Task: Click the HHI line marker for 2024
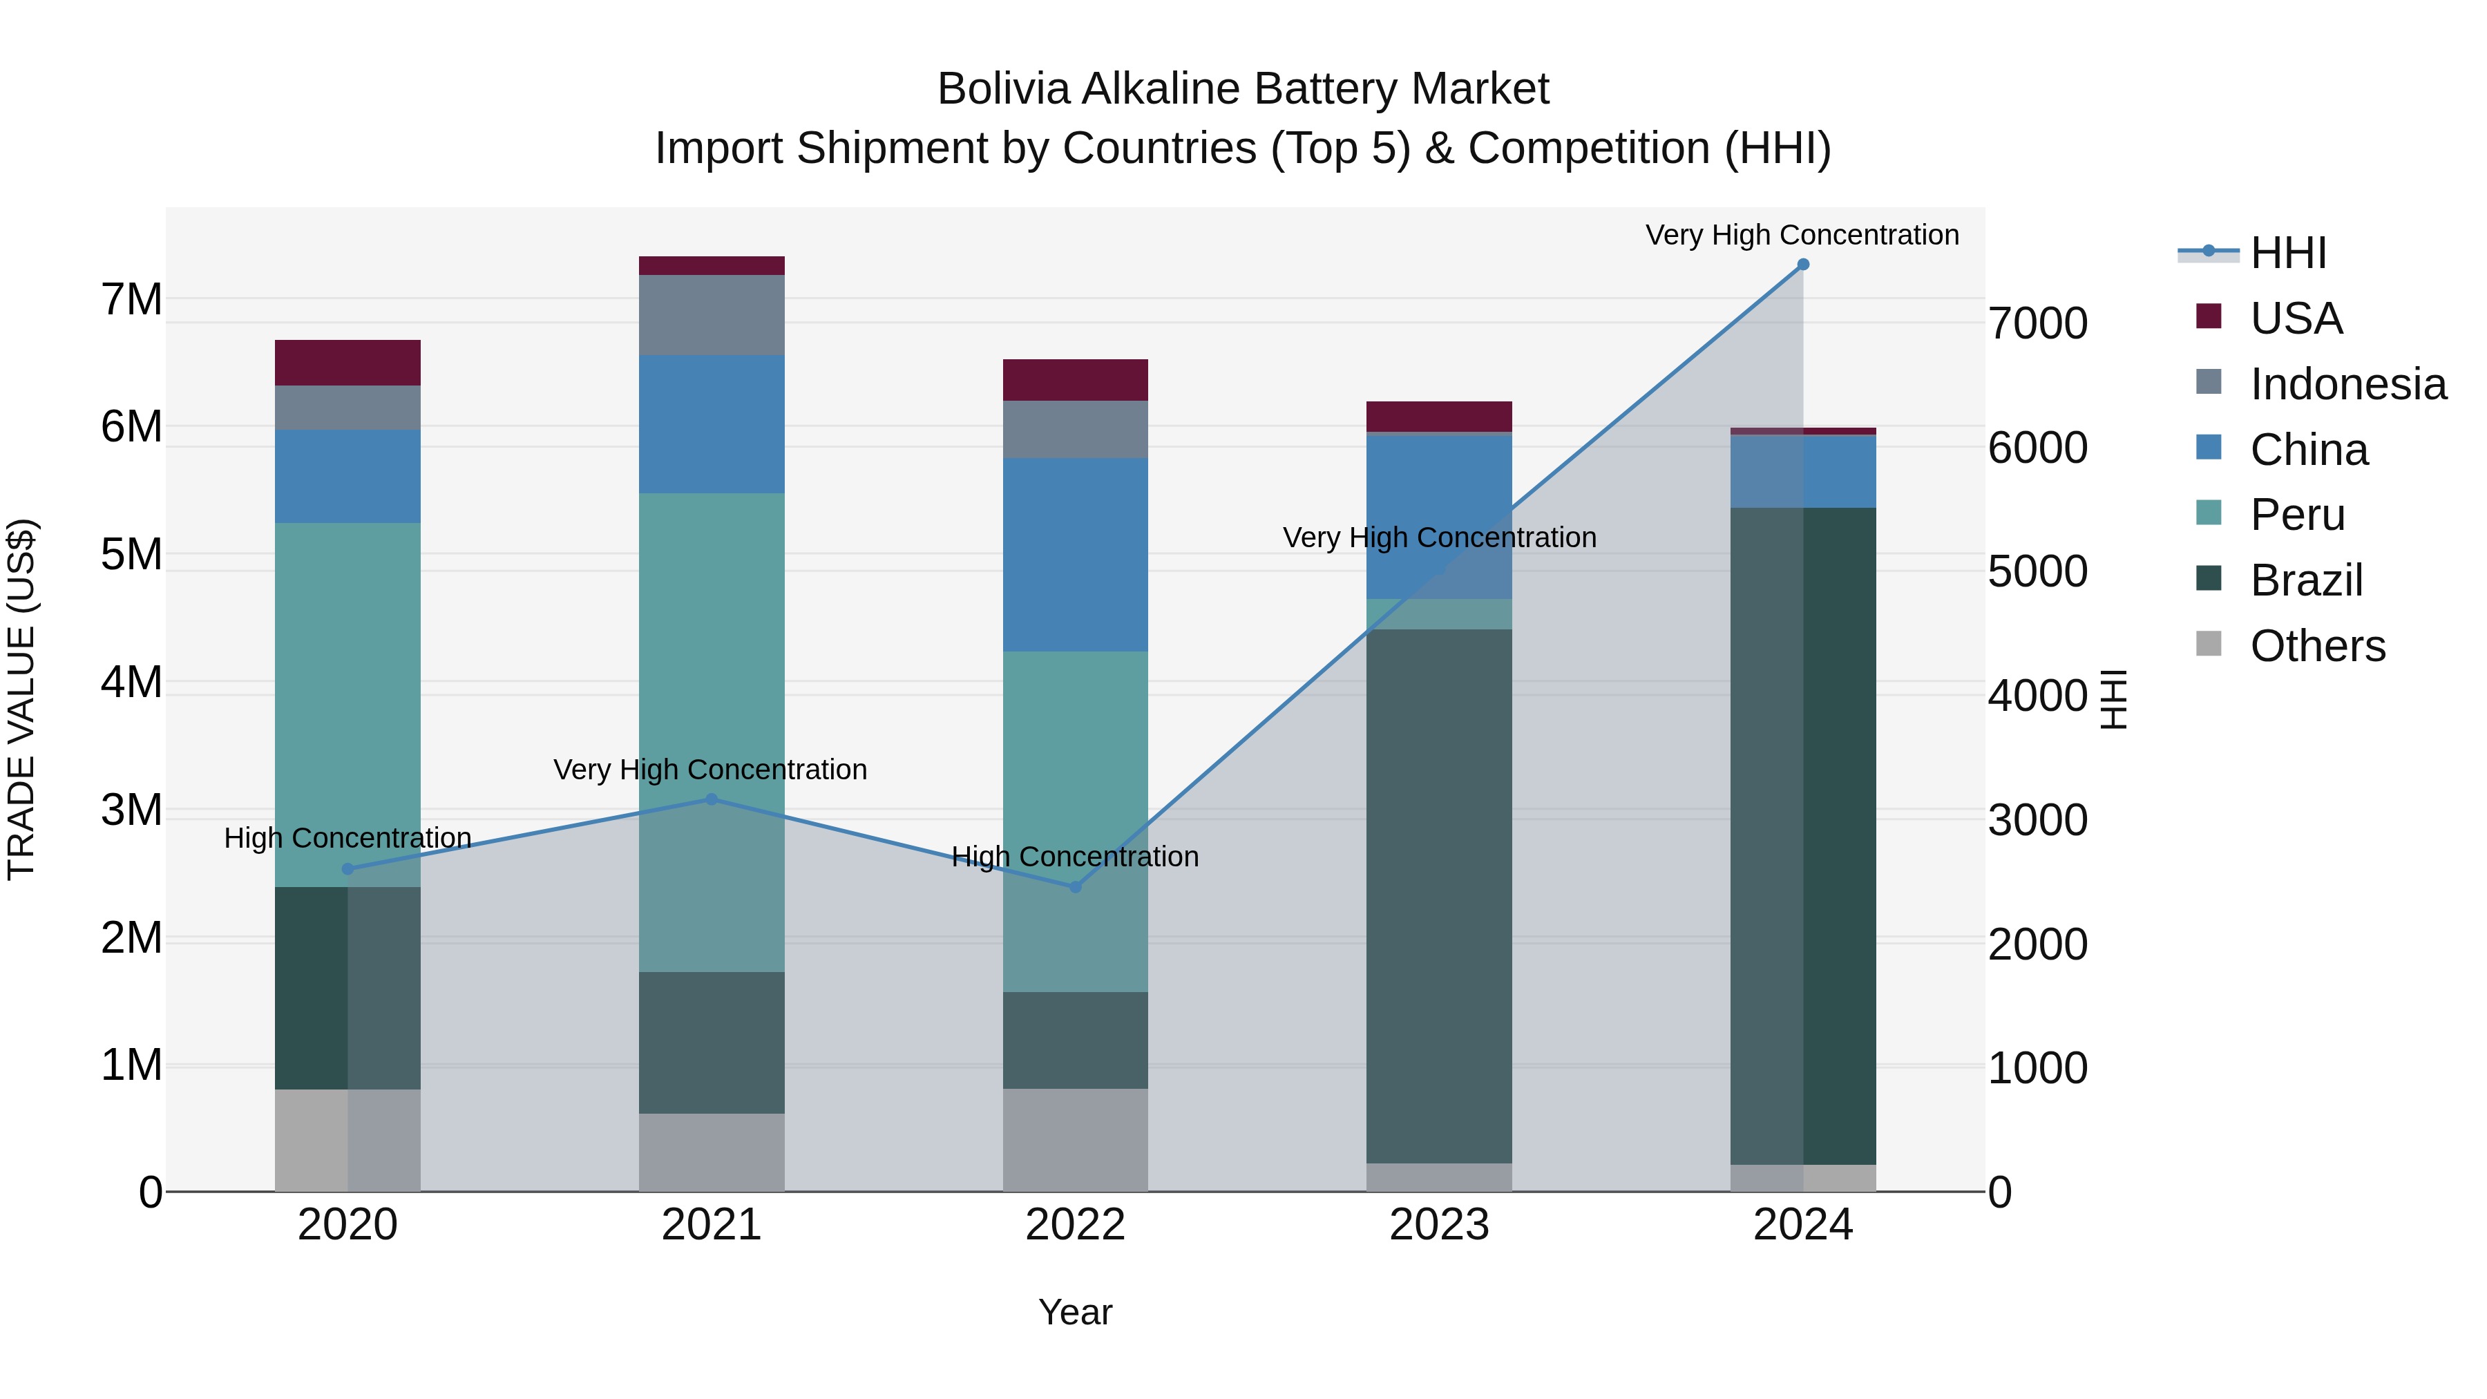(x=1802, y=265)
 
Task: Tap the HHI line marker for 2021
(x=712, y=799)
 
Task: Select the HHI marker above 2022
(x=1076, y=887)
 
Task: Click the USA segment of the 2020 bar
(x=347, y=363)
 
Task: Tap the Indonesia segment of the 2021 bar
(x=712, y=315)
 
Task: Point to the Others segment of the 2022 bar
(x=1076, y=1139)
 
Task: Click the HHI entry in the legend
(x=2287, y=253)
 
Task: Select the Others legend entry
(x=2316, y=646)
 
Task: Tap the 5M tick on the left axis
(x=131, y=555)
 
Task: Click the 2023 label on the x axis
(x=1438, y=1225)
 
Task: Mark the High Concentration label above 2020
(x=347, y=838)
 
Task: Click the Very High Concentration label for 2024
(x=1802, y=235)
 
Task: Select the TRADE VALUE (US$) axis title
(x=22, y=699)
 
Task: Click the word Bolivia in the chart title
(x=1003, y=89)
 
